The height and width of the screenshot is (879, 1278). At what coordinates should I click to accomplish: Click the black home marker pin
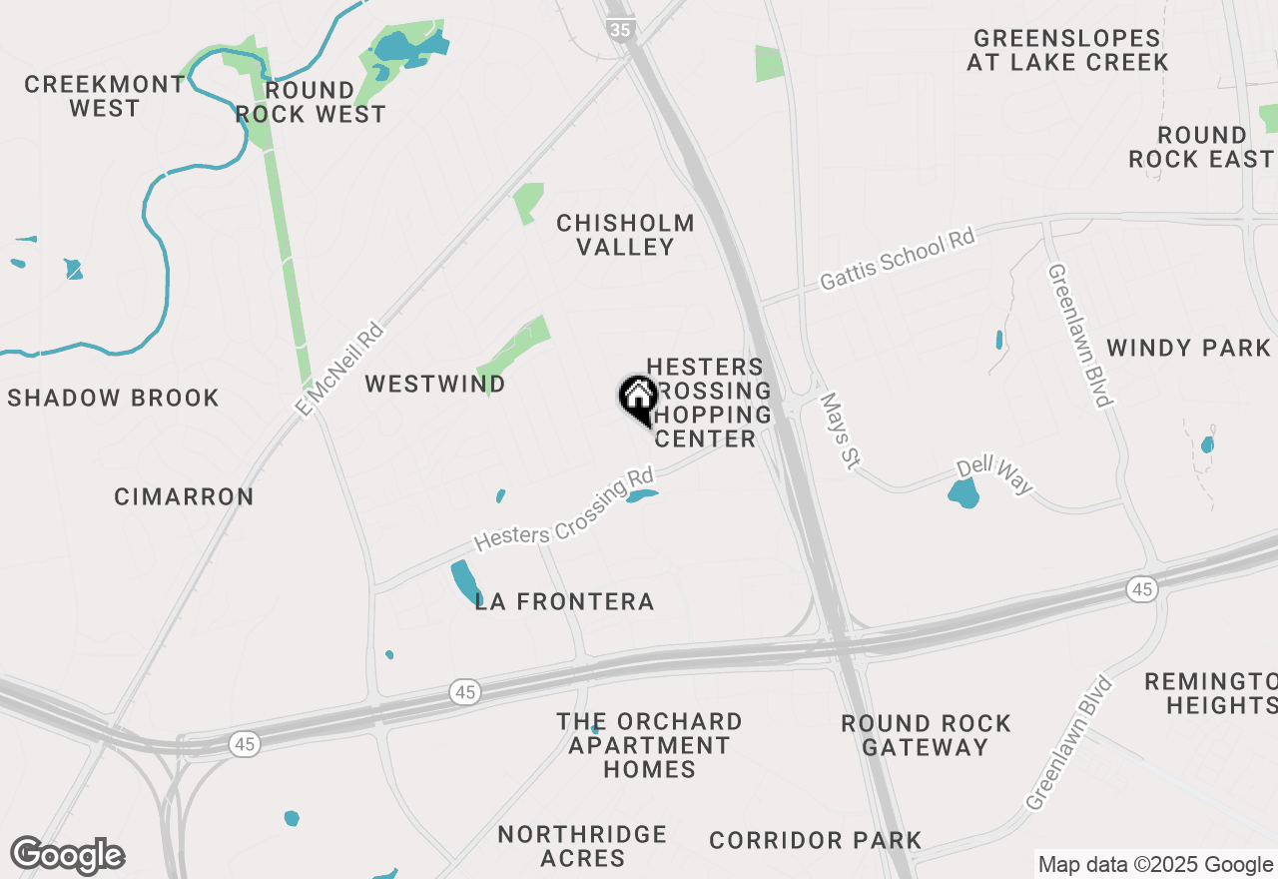click(x=638, y=400)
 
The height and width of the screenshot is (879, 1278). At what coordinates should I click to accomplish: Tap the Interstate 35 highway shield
click(x=620, y=30)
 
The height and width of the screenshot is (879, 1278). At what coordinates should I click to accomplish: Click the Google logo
click(x=67, y=855)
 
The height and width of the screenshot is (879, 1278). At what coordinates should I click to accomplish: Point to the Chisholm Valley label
click(x=625, y=235)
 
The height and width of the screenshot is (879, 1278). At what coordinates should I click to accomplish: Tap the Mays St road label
click(x=839, y=430)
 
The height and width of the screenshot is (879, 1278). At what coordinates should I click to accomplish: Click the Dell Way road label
click(x=994, y=476)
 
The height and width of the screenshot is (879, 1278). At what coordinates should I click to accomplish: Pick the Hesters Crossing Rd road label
click(x=564, y=509)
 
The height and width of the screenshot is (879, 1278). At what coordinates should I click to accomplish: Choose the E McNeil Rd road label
click(x=339, y=369)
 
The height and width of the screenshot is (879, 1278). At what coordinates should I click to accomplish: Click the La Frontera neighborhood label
click(x=564, y=601)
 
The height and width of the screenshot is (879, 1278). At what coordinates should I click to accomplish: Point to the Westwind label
click(x=435, y=384)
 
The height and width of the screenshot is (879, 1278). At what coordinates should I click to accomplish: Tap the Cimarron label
click(x=184, y=496)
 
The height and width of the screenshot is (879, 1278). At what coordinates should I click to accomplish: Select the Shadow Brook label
click(x=113, y=398)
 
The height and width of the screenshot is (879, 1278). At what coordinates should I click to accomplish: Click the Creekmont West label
click(x=105, y=96)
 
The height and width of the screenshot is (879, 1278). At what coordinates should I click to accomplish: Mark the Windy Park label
click(x=1188, y=348)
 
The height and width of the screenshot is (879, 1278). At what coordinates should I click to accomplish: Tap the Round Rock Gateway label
click(x=926, y=734)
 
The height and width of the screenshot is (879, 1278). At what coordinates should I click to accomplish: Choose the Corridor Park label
click(x=815, y=840)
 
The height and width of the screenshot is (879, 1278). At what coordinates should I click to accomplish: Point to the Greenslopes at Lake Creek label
click(x=1067, y=50)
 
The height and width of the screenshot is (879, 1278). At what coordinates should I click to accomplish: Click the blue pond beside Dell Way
click(x=963, y=492)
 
